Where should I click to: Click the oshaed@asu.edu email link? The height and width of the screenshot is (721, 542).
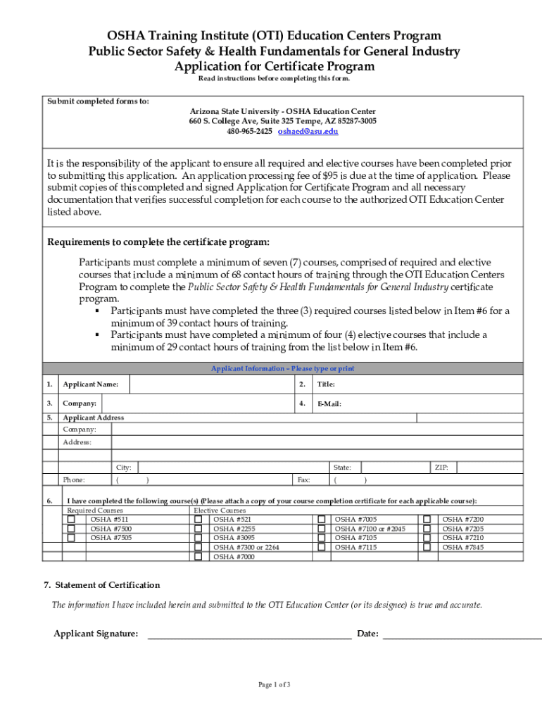coord(308,132)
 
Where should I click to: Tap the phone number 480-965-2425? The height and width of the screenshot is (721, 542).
coord(249,132)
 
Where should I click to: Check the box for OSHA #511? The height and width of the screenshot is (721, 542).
coord(71,520)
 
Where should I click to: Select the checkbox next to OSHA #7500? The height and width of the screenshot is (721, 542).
coord(71,529)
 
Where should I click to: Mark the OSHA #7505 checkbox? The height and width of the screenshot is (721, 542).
coord(71,538)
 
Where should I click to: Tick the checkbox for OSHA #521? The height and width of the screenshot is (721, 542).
coord(198,520)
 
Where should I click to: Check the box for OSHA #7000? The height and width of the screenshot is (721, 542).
coord(198,556)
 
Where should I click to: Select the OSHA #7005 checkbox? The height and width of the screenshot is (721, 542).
coord(321,520)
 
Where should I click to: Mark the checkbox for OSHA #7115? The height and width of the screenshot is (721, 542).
coord(321,547)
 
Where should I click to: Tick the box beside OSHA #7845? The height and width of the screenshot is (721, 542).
coord(427,547)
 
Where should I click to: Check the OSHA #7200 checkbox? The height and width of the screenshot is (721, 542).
coord(427,520)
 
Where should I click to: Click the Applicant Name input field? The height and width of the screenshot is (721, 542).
coord(211,384)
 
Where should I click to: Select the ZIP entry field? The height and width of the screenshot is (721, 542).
coord(490,467)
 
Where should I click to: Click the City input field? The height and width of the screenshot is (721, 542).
coord(232,467)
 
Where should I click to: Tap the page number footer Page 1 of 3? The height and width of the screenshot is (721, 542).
coord(274,685)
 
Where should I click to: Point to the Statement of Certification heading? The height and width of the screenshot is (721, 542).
coord(102,585)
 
